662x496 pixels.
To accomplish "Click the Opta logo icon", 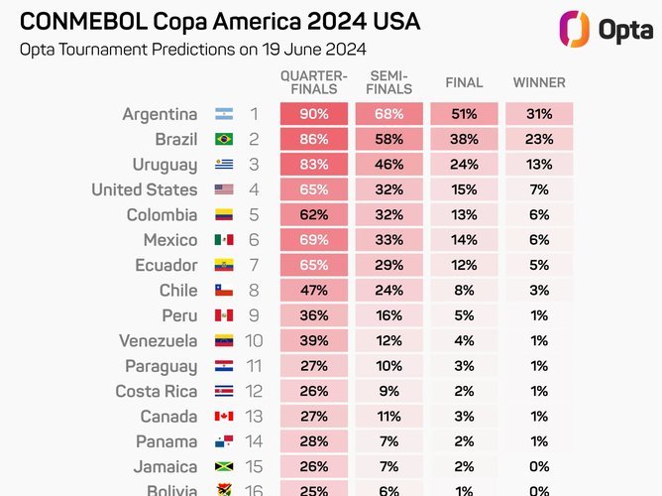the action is pos(574,29).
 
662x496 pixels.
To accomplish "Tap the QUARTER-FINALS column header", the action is pos(314,82).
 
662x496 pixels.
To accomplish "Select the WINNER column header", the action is pos(539,82).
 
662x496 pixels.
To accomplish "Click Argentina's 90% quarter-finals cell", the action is pos(314,114).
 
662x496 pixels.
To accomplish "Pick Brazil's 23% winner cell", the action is pos(539,139).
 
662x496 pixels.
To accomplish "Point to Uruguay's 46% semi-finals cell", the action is pos(388,165).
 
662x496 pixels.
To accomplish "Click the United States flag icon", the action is pos(224,189).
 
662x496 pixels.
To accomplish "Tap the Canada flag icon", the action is pos(224,417).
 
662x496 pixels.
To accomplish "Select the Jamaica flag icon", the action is pos(224,466).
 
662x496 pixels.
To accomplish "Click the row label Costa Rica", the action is pos(157,391).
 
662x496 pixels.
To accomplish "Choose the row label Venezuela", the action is pos(159,341).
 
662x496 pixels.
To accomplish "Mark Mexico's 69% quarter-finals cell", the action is pos(314,240).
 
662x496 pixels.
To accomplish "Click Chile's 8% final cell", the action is pos(464,291).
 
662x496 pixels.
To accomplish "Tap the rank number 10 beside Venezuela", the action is pos(254,341).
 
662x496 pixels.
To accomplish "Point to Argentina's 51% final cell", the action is pos(464,114).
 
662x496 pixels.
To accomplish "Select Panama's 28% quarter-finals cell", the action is pos(314,441).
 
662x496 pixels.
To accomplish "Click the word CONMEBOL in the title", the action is pos(83,22).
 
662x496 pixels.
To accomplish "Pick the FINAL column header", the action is pos(464,82).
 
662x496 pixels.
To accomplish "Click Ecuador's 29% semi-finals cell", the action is pos(388,265).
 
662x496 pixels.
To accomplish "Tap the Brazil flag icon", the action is pos(224,139).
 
